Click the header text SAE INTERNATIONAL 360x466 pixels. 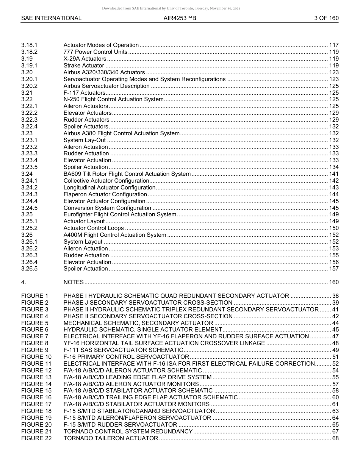[x=51, y=18]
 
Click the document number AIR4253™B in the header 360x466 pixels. [x=180, y=18]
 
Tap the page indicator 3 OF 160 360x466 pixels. [x=326, y=18]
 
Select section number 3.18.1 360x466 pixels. [x=29, y=45]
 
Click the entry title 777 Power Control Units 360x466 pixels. [x=95, y=52]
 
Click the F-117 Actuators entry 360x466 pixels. [x=84, y=93]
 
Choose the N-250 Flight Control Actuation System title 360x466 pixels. [x=113, y=99]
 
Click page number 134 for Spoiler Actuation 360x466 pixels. [x=334, y=167]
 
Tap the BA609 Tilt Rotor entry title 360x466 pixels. [x=127, y=174]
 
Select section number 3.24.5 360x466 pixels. [x=29, y=208]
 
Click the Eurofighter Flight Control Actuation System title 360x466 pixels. [x=120, y=214]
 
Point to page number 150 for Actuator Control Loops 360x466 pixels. [x=334, y=228]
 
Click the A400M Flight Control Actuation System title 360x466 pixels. [x=115, y=235]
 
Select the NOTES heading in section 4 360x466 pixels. [x=74, y=282]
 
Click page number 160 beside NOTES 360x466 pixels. [x=334, y=282]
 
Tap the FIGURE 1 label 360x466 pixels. [x=35, y=296]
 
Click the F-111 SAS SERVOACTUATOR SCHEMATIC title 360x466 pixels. [x=123, y=350]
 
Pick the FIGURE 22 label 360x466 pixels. [x=36, y=438]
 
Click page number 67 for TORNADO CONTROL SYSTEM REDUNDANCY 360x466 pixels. [x=335, y=432]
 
